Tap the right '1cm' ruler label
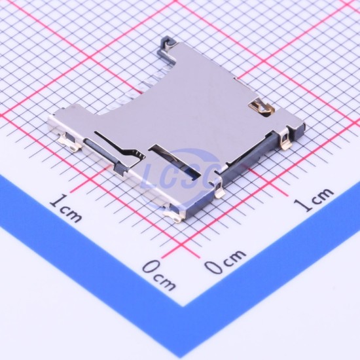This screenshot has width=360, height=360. [314, 199]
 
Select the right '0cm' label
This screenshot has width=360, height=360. [225, 262]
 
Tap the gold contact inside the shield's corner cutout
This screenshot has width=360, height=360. [262, 107]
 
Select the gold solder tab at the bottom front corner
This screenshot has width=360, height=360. [173, 215]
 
